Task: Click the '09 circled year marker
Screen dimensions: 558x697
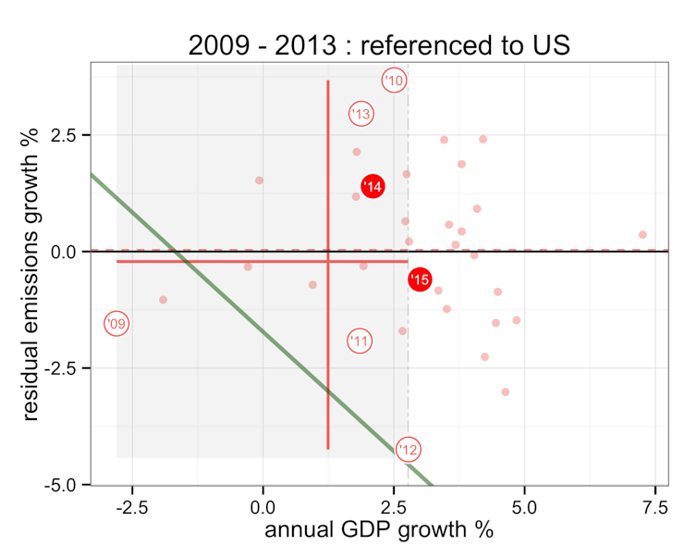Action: pos(116,324)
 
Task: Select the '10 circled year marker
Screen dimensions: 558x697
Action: pos(395,81)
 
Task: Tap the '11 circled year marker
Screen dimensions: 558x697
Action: pos(361,341)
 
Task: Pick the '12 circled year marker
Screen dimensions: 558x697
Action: pos(409,450)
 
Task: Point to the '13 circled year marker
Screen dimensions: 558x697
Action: pos(361,114)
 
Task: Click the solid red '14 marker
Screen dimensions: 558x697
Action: pos(373,187)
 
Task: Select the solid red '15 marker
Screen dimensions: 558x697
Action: pos(420,279)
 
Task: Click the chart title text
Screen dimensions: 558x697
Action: pos(379,44)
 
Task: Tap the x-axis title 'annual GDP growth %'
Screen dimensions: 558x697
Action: pos(379,530)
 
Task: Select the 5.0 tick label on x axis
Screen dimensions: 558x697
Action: pos(524,506)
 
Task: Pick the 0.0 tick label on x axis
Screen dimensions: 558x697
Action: pos(263,506)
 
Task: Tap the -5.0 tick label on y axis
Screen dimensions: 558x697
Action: pos(66,485)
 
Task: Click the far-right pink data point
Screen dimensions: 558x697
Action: pos(642,235)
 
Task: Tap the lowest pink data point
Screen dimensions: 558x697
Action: pos(506,392)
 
